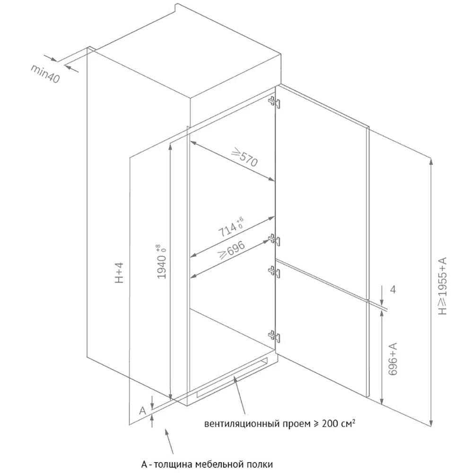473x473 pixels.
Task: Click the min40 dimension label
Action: (45, 74)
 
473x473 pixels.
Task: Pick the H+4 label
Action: (120, 273)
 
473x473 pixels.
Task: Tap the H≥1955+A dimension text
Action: (443, 286)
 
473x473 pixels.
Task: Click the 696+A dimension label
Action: (393, 359)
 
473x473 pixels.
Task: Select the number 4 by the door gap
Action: (393, 289)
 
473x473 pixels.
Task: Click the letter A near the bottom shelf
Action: (142, 411)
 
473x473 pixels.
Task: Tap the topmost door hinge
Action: (274, 102)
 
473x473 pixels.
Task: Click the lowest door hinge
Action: (274, 336)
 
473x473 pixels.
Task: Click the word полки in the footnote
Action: (260, 464)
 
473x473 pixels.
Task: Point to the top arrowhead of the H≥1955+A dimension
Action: (431, 161)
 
